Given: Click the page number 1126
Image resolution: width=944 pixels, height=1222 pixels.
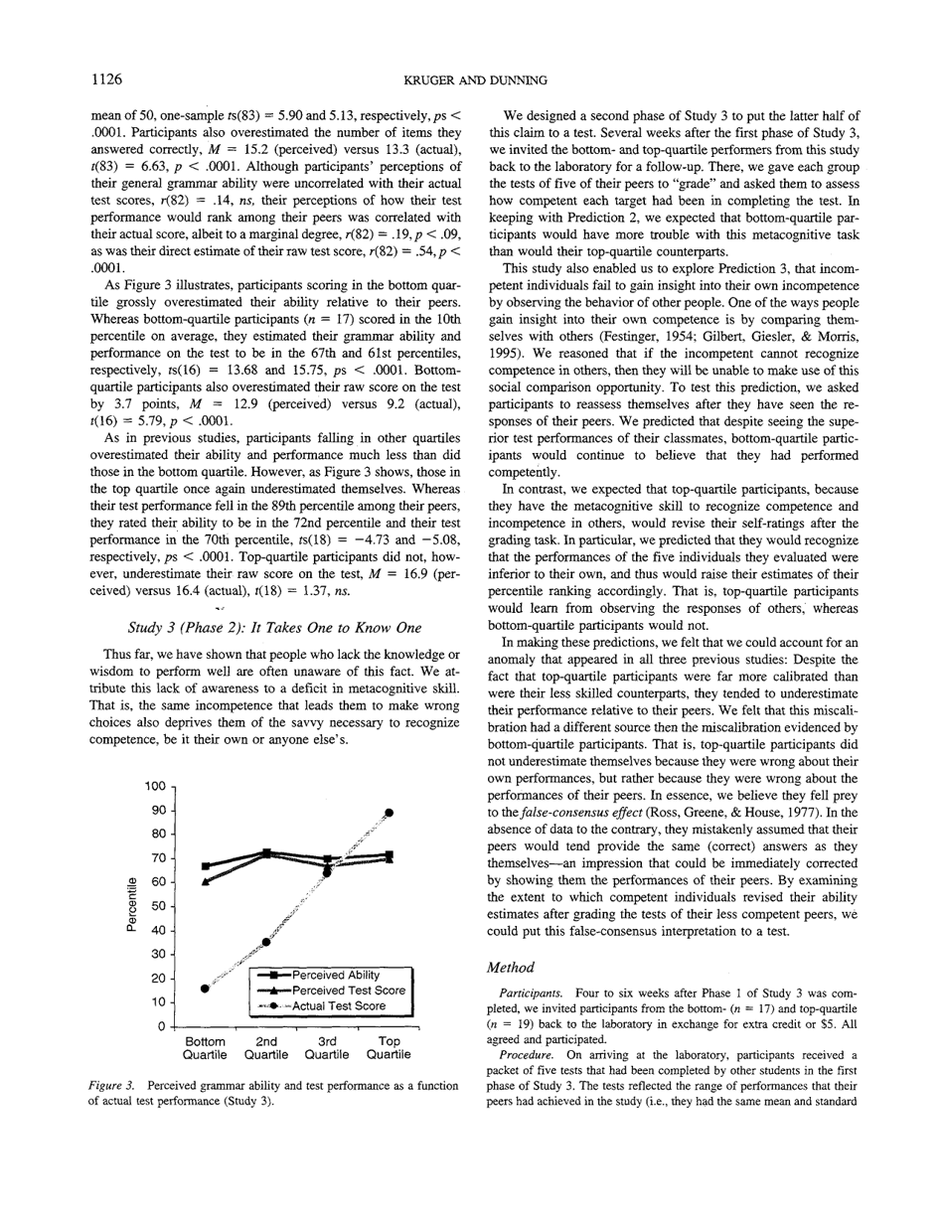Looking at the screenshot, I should [x=106, y=78].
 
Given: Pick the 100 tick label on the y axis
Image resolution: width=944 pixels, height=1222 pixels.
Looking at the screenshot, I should [x=154, y=787].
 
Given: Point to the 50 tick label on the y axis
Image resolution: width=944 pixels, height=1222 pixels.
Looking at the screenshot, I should [x=158, y=906].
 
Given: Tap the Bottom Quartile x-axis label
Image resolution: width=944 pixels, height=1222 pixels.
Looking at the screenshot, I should [x=205, y=1048].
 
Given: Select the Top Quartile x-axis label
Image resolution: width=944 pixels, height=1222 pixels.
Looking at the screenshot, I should [x=389, y=1048].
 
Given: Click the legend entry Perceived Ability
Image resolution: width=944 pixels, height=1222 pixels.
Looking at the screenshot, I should [x=336, y=975].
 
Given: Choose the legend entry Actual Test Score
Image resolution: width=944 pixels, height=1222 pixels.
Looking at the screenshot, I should [x=339, y=1006].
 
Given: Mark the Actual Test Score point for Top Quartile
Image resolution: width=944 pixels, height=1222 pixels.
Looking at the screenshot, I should [x=390, y=813].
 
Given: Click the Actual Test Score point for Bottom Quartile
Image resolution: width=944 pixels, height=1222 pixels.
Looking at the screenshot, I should [x=205, y=989].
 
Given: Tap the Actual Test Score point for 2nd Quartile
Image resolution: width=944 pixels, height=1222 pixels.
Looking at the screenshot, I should [x=265, y=942].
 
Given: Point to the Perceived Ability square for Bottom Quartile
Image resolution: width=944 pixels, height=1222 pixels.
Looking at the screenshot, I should [x=205, y=866].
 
